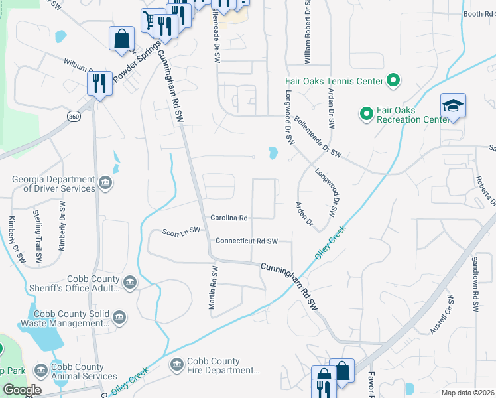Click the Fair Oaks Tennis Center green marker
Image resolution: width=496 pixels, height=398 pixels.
click(x=393, y=81)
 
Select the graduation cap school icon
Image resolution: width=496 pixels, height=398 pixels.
click(x=453, y=106)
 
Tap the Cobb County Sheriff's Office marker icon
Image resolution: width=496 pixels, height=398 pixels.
click(x=129, y=283)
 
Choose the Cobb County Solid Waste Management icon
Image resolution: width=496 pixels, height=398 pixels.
click(x=119, y=318)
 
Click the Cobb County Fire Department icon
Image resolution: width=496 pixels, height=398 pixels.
click(x=176, y=365)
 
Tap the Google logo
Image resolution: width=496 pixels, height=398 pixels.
click(x=22, y=390)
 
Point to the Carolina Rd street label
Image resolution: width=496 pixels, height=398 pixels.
click(x=229, y=218)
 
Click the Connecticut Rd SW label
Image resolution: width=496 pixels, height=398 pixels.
click(x=246, y=241)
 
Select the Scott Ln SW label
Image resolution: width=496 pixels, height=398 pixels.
click(x=181, y=231)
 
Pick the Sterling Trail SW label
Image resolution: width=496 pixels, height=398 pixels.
click(x=37, y=234)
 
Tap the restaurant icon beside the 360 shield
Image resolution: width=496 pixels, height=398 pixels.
click(x=99, y=84)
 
